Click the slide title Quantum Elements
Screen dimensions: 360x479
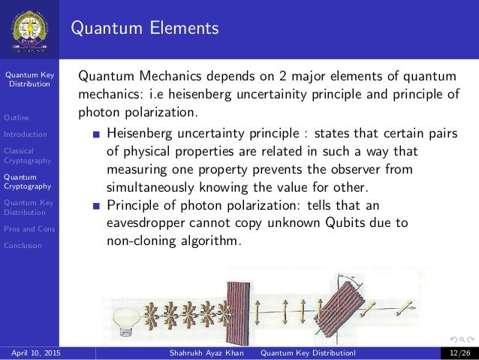click(x=145, y=29)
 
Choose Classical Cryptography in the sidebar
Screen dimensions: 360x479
click(x=26, y=155)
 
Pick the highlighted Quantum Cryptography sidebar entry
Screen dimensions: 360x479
click(x=26, y=180)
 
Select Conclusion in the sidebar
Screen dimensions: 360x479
click(x=22, y=244)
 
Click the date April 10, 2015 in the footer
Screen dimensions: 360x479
click(x=36, y=352)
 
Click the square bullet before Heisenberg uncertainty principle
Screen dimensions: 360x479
click(x=95, y=135)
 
